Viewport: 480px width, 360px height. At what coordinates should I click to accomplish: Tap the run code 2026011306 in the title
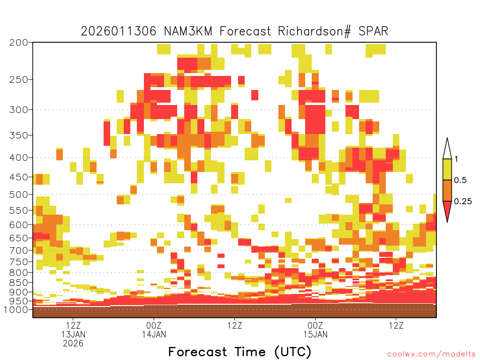pos(119,31)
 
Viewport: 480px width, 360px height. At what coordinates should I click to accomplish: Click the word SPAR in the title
pos(373,31)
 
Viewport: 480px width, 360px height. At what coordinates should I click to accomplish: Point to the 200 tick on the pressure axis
pos(19,43)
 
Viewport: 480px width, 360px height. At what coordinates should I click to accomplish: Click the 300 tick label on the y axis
pos(19,110)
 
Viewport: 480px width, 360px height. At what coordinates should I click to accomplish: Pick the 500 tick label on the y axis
pos(19,195)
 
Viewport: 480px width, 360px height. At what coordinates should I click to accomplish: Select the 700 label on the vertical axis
pos(19,250)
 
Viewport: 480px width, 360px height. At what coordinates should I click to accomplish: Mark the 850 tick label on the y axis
pos(19,283)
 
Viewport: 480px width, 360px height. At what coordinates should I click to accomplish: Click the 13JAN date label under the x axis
pos(73,334)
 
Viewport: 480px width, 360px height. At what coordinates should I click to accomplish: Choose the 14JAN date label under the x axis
pos(154,334)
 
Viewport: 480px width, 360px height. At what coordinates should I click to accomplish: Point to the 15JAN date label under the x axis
pos(315,334)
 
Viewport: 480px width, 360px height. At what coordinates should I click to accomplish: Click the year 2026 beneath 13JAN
pos(73,344)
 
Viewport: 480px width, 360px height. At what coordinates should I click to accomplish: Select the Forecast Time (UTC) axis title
pos(240,352)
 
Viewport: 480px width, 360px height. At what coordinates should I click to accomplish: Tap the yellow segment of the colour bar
pos(447,169)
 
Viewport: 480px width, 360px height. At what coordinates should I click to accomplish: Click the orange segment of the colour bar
pos(447,190)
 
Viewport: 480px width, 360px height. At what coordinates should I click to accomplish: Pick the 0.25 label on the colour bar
pos(463,201)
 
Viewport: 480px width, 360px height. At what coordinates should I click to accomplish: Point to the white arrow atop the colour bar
pos(447,149)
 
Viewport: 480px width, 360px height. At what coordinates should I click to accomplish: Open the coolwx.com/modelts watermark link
pos(431,354)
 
